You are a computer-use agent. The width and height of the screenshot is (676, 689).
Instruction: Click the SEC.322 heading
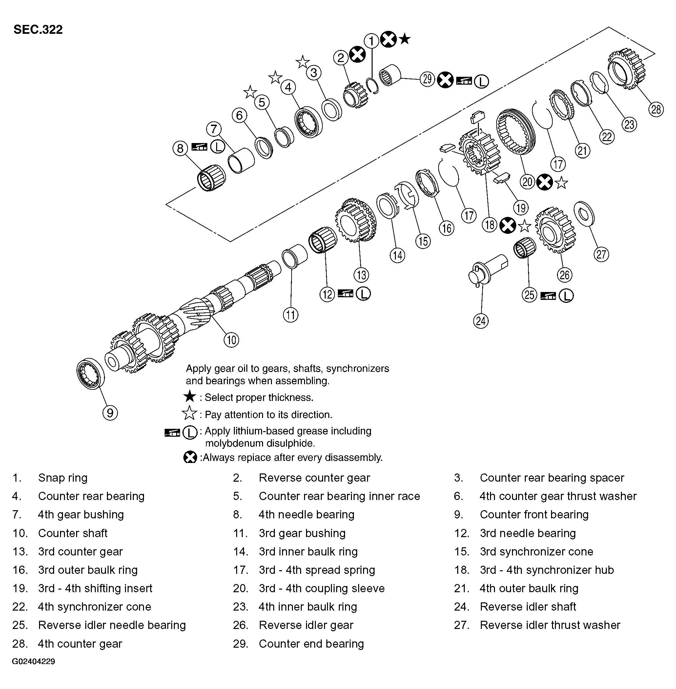(38, 30)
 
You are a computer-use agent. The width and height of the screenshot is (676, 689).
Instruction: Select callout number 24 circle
(481, 321)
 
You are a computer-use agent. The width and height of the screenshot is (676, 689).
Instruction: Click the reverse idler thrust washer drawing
(584, 213)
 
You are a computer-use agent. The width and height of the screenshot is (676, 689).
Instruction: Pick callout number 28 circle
(656, 109)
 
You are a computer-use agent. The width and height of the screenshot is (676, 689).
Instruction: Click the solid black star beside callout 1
(405, 39)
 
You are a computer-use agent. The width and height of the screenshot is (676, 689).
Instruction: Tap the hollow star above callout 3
(302, 62)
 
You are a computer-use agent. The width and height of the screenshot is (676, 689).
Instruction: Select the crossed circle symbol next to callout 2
(357, 55)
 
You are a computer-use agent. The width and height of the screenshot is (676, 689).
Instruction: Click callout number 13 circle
(361, 275)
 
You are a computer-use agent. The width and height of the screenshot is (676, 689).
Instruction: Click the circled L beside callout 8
(218, 146)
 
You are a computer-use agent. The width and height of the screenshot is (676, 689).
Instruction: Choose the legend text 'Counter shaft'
(72, 533)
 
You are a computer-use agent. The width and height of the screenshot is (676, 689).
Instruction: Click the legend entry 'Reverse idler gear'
(306, 625)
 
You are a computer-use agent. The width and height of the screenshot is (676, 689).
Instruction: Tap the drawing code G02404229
(33, 662)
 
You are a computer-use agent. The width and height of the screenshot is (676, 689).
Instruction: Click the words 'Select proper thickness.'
(259, 397)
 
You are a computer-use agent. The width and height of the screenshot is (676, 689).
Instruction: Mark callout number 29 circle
(427, 79)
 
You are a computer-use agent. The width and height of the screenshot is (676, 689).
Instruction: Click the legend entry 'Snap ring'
(63, 478)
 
